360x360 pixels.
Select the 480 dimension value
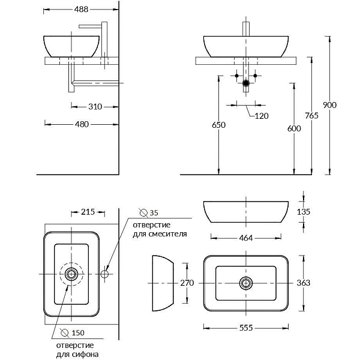click(82, 124)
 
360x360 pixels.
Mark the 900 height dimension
click(329, 105)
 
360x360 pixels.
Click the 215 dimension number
click(88, 212)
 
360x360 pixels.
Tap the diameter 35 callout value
click(154, 213)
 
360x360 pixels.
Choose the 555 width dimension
click(245, 327)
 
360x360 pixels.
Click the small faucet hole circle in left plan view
click(104, 274)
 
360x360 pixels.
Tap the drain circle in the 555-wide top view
click(245, 282)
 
